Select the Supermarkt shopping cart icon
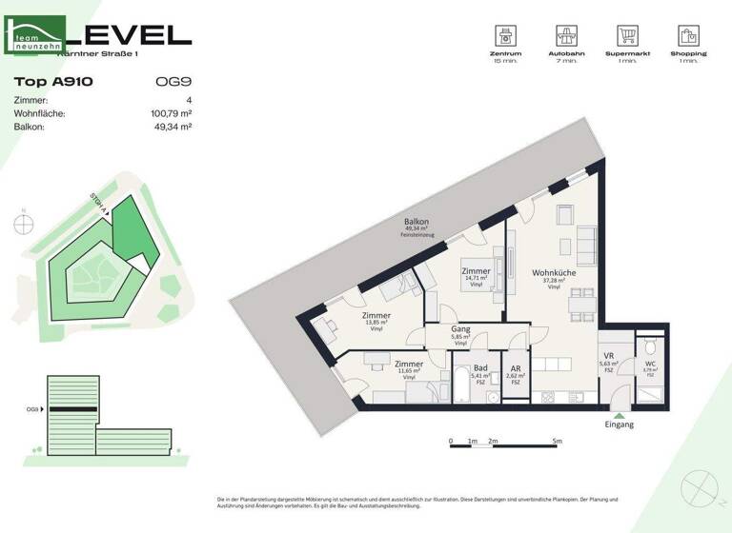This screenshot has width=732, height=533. click(x=627, y=36)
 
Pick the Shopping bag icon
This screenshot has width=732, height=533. click(x=688, y=36)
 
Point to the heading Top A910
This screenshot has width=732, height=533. click(x=53, y=82)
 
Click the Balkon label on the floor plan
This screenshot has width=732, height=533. click(x=417, y=222)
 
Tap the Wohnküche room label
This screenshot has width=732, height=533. click(x=554, y=273)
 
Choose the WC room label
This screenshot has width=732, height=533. click(x=649, y=363)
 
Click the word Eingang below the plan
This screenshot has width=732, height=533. click(x=619, y=424)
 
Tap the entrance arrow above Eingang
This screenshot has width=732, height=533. click(x=619, y=413)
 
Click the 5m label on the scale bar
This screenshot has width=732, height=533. click(x=558, y=442)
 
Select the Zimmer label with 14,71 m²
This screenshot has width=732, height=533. click(x=476, y=271)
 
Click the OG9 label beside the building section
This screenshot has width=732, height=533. click(x=31, y=410)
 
